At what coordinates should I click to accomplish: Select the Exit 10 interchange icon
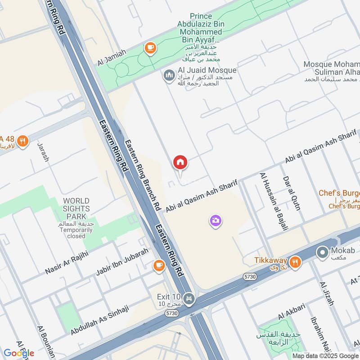[189, 298]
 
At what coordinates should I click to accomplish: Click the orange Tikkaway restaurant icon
[295, 261]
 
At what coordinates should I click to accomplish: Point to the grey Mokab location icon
[322, 252]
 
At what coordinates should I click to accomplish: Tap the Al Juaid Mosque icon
[169, 75]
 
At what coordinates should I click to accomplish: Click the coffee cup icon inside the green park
[149, 47]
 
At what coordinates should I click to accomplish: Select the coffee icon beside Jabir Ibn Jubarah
[158, 265]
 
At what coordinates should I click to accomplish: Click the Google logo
[18, 353]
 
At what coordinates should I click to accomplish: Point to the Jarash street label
[43, 153]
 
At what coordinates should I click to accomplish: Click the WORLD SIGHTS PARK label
[76, 205]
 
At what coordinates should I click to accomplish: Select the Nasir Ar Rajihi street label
[67, 263]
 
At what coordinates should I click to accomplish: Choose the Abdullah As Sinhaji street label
[99, 319]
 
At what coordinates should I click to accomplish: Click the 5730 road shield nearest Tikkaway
[251, 276]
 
